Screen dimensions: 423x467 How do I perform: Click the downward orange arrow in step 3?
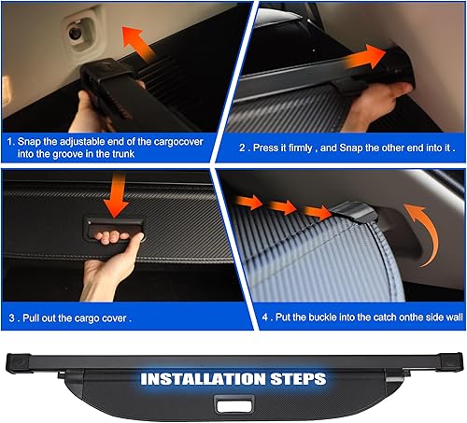(x=116, y=196)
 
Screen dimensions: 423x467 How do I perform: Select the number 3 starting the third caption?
(x=11, y=317)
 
